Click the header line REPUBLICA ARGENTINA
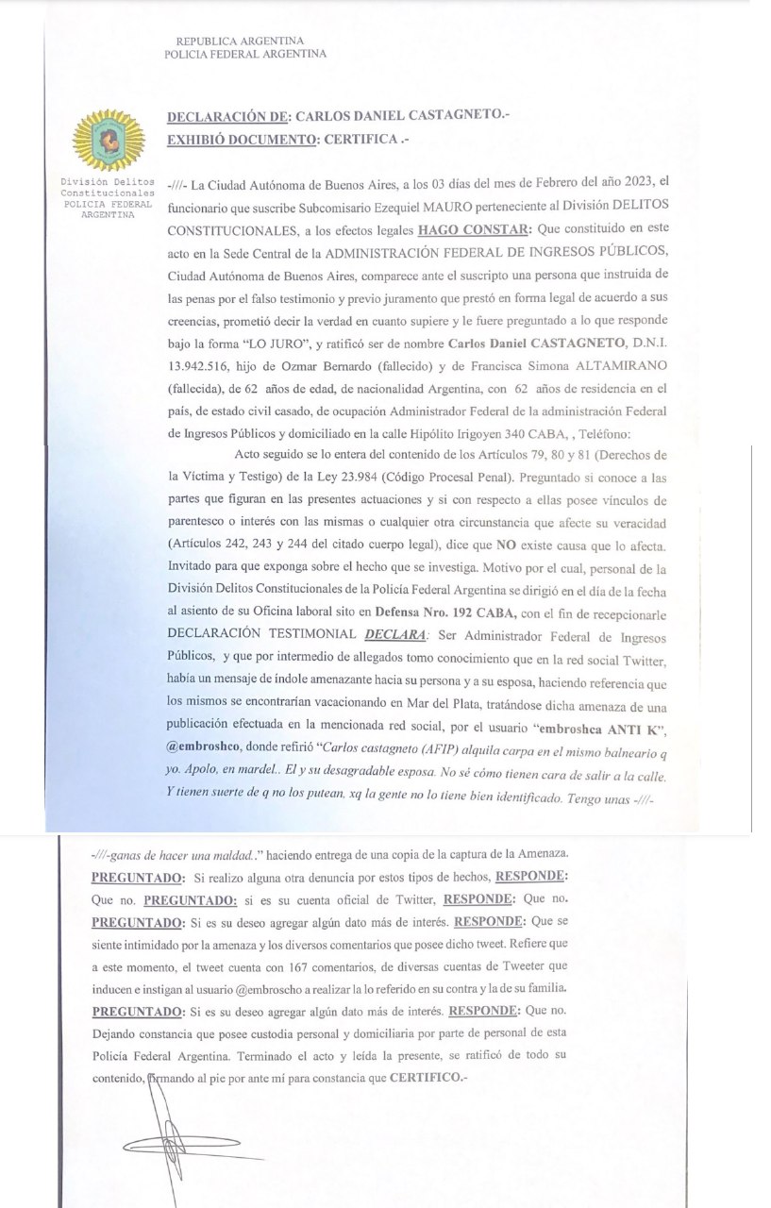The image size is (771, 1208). (240, 41)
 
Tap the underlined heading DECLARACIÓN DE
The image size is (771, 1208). (226, 117)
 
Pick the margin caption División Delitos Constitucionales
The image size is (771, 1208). (99, 188)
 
